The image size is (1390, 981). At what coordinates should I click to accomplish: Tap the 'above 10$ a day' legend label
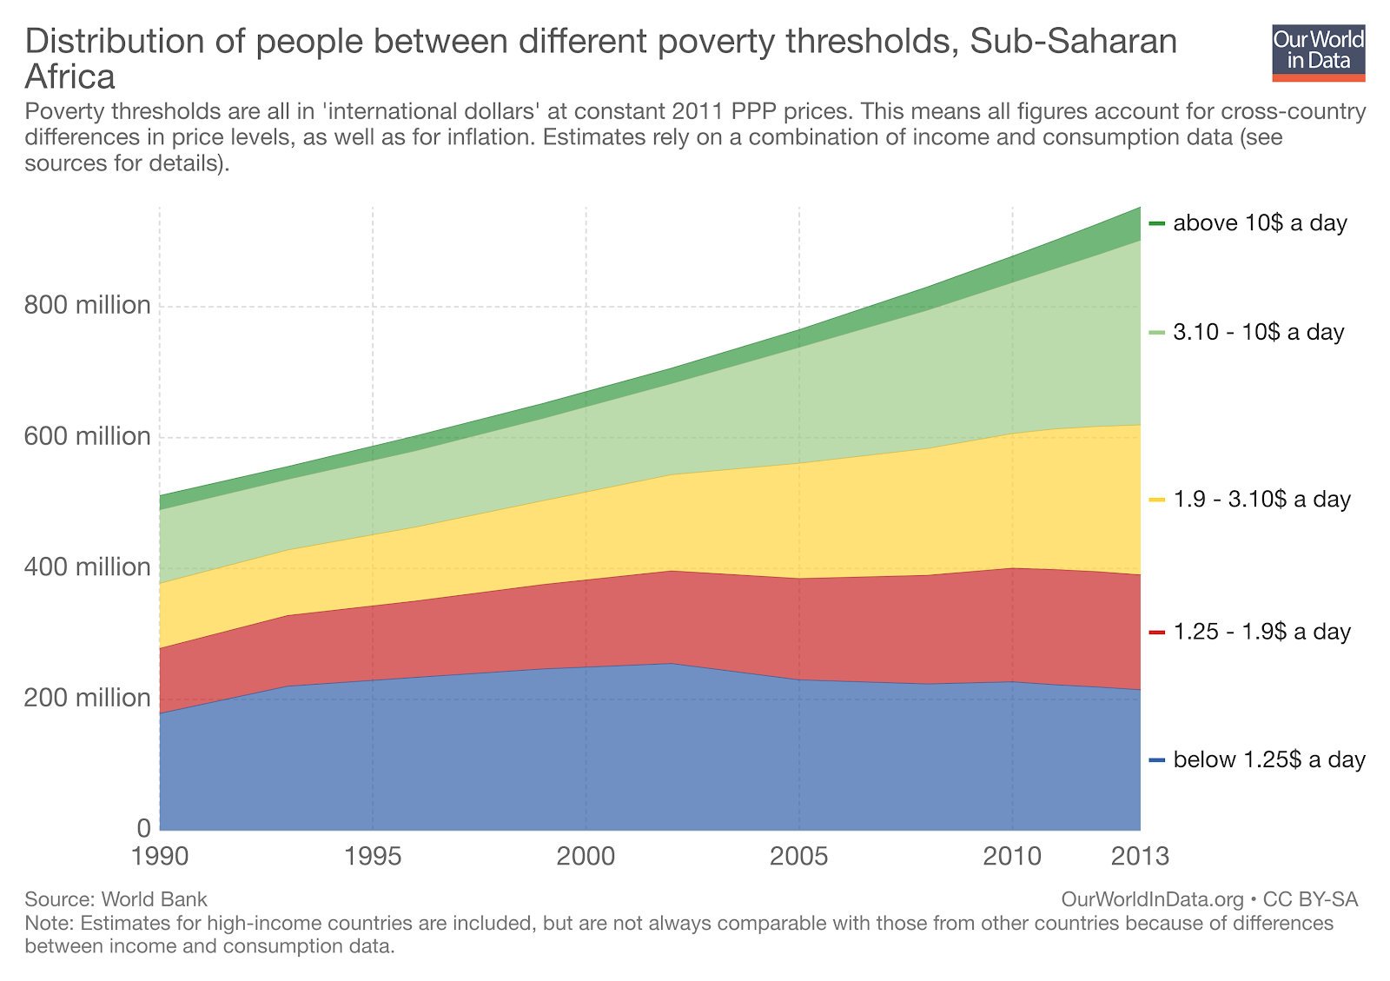point(1260,223)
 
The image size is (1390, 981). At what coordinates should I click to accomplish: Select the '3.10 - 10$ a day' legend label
point(1258,332)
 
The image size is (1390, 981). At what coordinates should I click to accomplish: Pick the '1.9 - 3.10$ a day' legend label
point(1261,500)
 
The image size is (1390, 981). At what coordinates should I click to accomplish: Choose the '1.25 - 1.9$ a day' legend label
point(1261,632)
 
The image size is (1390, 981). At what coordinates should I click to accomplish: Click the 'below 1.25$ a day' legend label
point(1269,760)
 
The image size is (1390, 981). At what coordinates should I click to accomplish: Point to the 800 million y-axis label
point(88,305)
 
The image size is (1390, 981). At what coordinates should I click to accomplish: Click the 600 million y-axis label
point(88,436)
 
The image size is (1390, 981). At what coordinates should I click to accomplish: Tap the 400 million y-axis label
point(88,567)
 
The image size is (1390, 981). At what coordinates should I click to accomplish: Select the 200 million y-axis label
point(88,699)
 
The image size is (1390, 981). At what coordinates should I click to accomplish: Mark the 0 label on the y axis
point(143,828)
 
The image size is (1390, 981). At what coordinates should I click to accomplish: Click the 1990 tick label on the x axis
point(161,857)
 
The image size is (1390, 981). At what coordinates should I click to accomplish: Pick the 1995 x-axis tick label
point(373,857)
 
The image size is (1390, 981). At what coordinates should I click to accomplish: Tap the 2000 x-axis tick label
point(586,857)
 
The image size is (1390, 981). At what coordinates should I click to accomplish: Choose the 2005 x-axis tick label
point(799,857)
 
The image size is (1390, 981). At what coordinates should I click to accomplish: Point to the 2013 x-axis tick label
point(1141,857)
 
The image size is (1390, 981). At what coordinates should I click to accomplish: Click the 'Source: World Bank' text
point(116,899)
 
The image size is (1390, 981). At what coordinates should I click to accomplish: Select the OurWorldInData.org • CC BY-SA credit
point(1209,899)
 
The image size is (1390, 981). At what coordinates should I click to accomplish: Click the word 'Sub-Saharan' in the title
point(1073,42)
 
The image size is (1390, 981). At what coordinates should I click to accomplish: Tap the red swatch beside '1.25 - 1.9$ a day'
point(1156,633)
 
